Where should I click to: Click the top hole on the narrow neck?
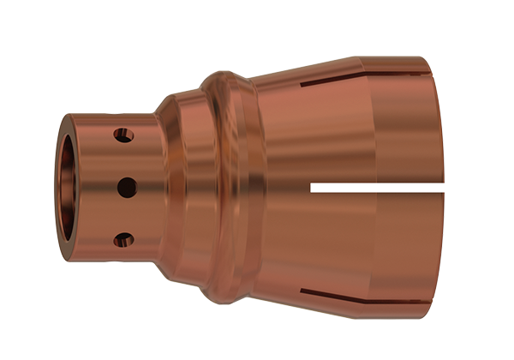[x=125, y=135]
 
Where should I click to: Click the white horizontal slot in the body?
[x=377, y=184]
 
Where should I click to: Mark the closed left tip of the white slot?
[x=312, y=184]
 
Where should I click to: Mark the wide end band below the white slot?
[x=403, y=249]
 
